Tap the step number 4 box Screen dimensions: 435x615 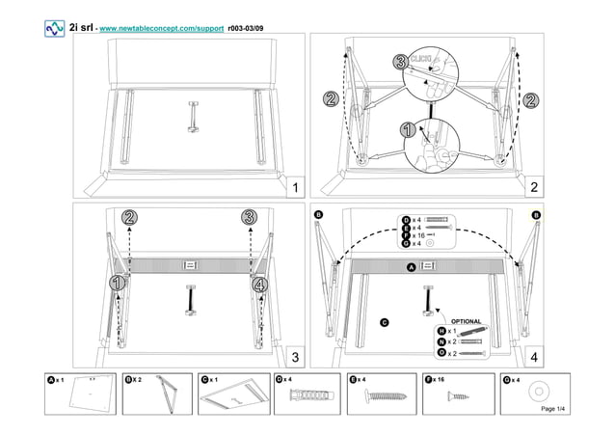(x=533, y=357)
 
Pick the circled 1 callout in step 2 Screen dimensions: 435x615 (x=407, y=130)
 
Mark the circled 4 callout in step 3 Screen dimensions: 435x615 (x=259, y=284)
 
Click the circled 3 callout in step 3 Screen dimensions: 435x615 (x=250, y=217)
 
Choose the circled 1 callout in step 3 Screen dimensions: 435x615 (x=117, y=284)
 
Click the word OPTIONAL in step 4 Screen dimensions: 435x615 (x=466, y=321)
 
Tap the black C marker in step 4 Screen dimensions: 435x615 (x=384, y=321)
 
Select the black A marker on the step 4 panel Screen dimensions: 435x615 (x=411, y=265)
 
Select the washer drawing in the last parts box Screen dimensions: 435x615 (x=538, y=392)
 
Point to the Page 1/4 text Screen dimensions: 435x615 (x=554, y=410)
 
